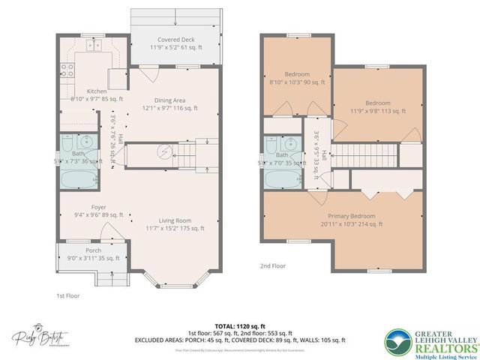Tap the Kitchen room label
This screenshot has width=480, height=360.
(x=97, y=94)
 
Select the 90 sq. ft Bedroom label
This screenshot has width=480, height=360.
(x=296, y=79)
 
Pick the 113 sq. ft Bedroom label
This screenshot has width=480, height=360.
(x=377, y=106)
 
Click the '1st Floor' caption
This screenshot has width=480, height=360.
(x=67, y=295)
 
